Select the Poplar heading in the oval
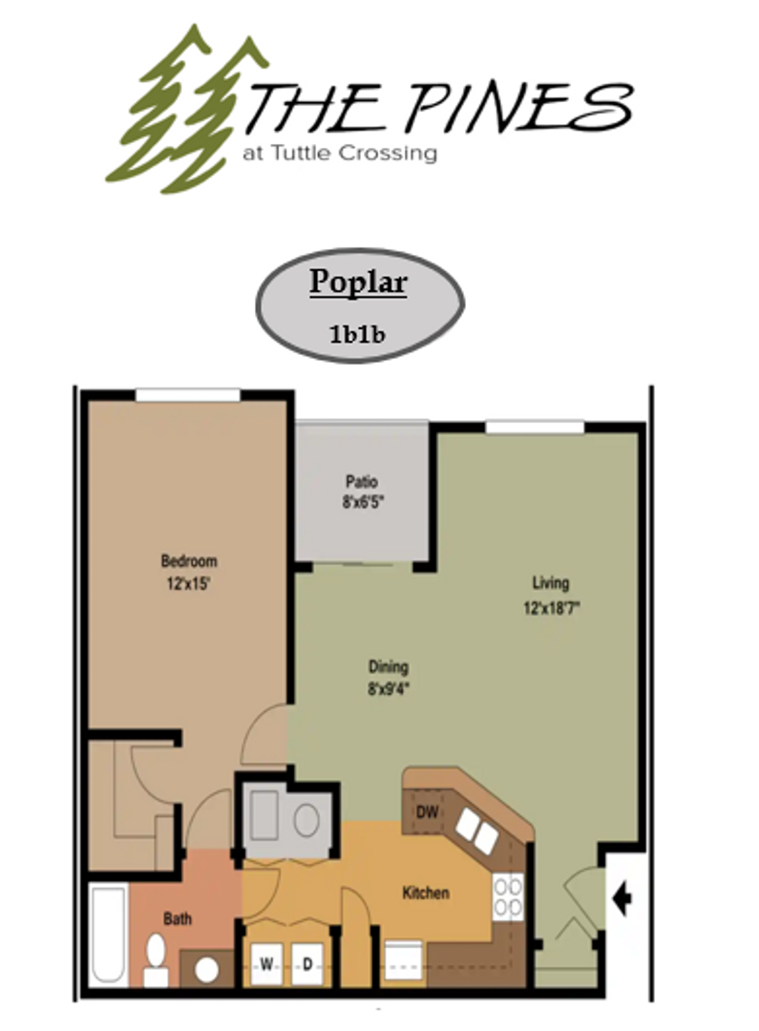click(358, 284)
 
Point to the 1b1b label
click(359, 333)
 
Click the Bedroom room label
click(188, 560)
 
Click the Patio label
click(360, 482)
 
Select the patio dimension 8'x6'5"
click(361, 501)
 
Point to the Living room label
click(551, 582)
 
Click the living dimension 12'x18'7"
click(551, 606)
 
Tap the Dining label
click(389, 666)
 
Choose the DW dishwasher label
click(426, 812)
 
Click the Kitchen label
click(425, 894)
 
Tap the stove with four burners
click(507, 897)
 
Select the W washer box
click(266, 965)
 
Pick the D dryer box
click(307, 965)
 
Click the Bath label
click(177, 919)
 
